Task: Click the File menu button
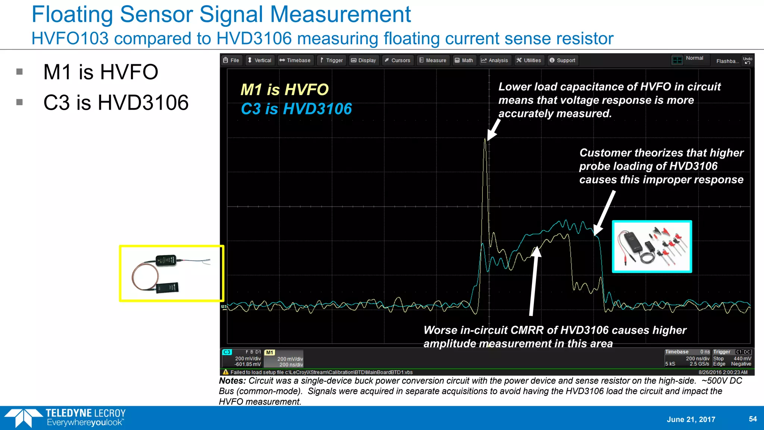pos(231,60)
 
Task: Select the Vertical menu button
pos(260,60)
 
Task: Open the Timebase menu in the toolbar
pos(295,60)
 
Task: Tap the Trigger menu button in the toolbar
pos(332,60)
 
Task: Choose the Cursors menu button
pos(398,60)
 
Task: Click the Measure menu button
pos(433,60)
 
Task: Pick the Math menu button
pos(464,60)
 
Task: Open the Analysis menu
pos(495,60)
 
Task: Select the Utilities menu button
pos(529,60)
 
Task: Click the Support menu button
pos(563,60)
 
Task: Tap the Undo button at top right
pos(748,60)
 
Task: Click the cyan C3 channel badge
pos(227,352)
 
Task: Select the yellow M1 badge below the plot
pos(269,353)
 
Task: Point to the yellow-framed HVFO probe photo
pos(172,273)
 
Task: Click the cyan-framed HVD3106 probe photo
pos(652,247)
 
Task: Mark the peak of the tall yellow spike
pos(485,139)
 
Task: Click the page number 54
pos(753,419)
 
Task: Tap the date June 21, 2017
pos(691,419)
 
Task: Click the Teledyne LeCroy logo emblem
pos(23,418)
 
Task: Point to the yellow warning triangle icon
pos(225,372)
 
